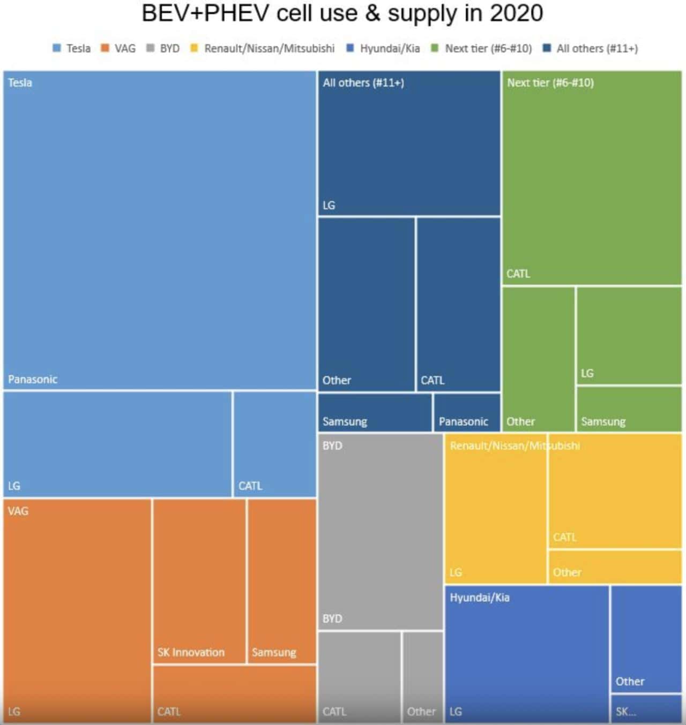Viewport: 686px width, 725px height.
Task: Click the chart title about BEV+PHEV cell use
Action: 342,13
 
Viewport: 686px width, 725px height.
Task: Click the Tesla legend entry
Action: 72,48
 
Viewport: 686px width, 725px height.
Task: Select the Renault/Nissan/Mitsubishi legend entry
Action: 263,48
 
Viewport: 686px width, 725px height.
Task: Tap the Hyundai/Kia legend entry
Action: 383,48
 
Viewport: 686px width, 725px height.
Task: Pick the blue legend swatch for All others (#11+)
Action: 547,48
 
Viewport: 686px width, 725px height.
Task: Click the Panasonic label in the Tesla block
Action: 33,379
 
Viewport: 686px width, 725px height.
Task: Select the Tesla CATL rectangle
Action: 275,444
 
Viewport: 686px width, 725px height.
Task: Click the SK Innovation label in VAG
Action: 191,652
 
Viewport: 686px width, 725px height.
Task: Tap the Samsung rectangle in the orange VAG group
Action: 282,581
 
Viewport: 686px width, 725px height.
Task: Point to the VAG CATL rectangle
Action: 235,694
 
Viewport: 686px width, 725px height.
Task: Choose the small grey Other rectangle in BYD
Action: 423,677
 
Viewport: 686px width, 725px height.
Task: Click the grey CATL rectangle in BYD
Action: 360,677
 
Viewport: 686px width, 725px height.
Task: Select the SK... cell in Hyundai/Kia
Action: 646,708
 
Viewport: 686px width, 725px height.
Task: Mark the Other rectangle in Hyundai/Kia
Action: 646,639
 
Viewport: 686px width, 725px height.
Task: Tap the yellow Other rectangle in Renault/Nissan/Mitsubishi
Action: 615,567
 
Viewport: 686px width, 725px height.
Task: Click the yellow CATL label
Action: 564,537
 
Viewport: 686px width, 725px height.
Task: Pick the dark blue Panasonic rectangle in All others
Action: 467,412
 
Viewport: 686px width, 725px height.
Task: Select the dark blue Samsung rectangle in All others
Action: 375,412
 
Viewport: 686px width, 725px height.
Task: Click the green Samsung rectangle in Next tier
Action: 629,409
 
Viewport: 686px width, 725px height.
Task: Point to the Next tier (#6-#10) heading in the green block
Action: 550,82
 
